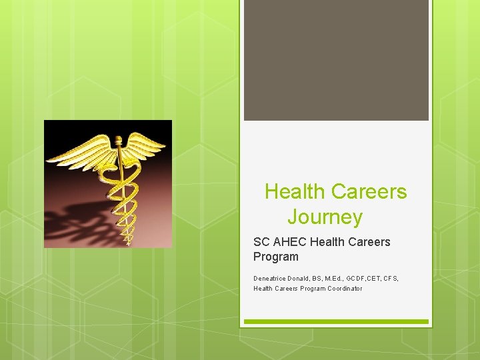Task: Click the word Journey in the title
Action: (325, 217)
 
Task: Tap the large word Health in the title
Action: (295, 192)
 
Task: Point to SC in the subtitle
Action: (261, 242)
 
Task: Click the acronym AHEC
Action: (288, 242)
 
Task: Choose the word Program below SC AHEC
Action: (275, 257)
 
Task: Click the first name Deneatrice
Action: (270, 278)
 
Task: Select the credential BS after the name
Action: (324, 278)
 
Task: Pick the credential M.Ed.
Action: (345, 278)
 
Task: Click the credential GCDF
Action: (370, 278)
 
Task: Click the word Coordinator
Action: (345, 289)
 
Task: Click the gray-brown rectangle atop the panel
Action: (336, 60)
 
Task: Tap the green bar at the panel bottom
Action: (336, 321)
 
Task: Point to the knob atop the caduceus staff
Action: (119, 141)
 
